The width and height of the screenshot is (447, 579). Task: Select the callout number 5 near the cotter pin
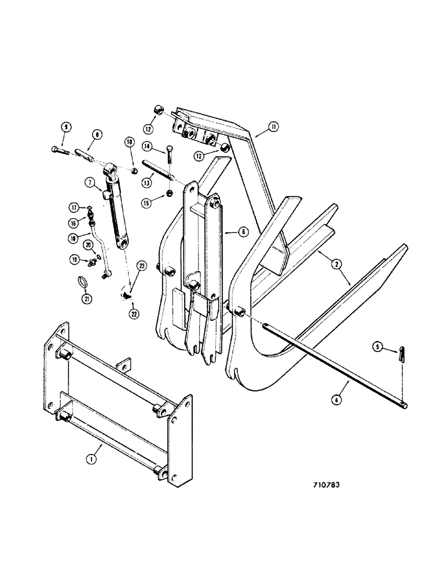coord(378,348)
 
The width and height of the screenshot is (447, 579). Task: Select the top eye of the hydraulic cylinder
coord(113,169)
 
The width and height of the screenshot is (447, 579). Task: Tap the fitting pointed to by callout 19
coord(91,262)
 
